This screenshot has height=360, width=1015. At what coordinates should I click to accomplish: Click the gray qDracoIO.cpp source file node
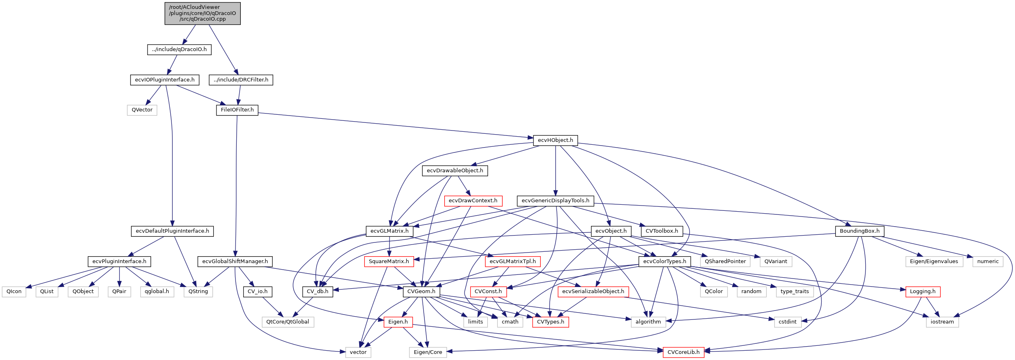pyautogui.click(x=202, y=13)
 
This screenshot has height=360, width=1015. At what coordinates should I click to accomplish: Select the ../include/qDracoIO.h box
pyautogui.click(x=179, y=49)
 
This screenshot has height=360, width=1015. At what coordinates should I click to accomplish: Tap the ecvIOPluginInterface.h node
pyautogui.click(x=165, y=80)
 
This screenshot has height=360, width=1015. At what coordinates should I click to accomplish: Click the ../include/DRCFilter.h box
pyautogui.click(x=241, y=80)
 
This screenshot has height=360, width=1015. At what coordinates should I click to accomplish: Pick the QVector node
pyautogui.click(x=142, y=110)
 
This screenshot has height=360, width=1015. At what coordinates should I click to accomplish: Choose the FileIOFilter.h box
pyautogui.click(x=237, y=110)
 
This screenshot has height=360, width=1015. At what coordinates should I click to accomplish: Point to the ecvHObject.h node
pyautogui.click(x=555, y=140)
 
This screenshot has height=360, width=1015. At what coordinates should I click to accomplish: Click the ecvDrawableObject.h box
pyautogui.click(x=455, y=171)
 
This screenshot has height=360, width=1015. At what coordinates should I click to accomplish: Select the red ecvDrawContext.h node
pyautogui.click(x=473, y=201)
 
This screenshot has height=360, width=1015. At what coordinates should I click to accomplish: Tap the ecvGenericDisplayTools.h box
pyautogui.click(x=555, y=201)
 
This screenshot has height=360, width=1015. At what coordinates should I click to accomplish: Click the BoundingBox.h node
pyautogui.click(x=859, y=231)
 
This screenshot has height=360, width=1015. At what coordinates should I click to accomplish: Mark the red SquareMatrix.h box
pyautogui.click(x=389, y=261)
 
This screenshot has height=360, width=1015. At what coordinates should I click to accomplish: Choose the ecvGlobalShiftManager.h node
pyautogui.click(x=235, y=261)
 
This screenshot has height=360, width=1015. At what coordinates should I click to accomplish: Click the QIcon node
pyautogui.click(x=14, y=291)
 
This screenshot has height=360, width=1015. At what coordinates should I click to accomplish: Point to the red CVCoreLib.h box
pyautogui.click(x=683, y=352)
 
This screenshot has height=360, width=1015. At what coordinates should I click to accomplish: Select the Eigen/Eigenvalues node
pyautogui.click(x=934, y=261)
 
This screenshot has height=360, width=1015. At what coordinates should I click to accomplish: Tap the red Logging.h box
pyautogui.click(x=923, y=291)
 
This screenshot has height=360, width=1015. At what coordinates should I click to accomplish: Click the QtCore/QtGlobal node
pyautogui.click(x=288, y=322)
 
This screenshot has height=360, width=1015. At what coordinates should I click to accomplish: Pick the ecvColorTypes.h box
pyautogui.click(x=665, y=261)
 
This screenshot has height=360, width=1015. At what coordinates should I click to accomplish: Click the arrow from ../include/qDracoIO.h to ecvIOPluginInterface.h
pyautogui.click(x=173, y=64)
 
